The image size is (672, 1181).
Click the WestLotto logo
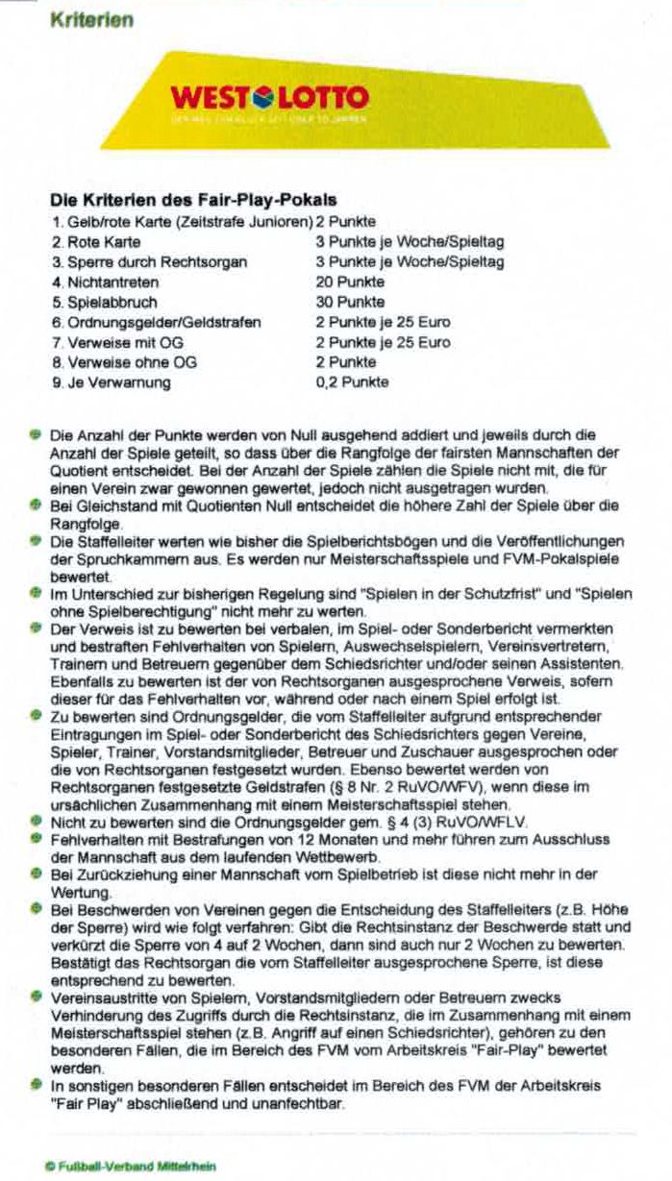tap(269, 98)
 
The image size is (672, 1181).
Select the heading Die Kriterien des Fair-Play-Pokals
tap(192, 201)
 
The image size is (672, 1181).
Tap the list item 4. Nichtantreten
tap(106, 283)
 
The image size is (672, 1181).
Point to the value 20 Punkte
tap(350, 283)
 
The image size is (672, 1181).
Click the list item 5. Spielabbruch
tap(106, 303)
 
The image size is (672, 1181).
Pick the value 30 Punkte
tap(350, 303)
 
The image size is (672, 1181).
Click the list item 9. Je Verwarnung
tap(112, 382)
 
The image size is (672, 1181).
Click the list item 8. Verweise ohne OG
tap(125, 362)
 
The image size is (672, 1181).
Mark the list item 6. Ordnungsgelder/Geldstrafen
tap(156, 322)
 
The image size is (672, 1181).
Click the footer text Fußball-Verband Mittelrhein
tap(130, 1167)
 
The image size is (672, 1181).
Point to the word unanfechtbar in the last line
tap(303, 1104)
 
